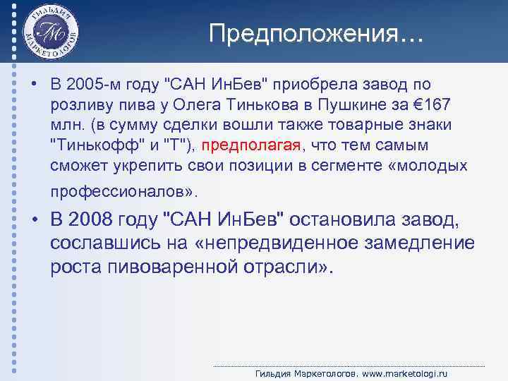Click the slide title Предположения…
click(316, 33)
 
